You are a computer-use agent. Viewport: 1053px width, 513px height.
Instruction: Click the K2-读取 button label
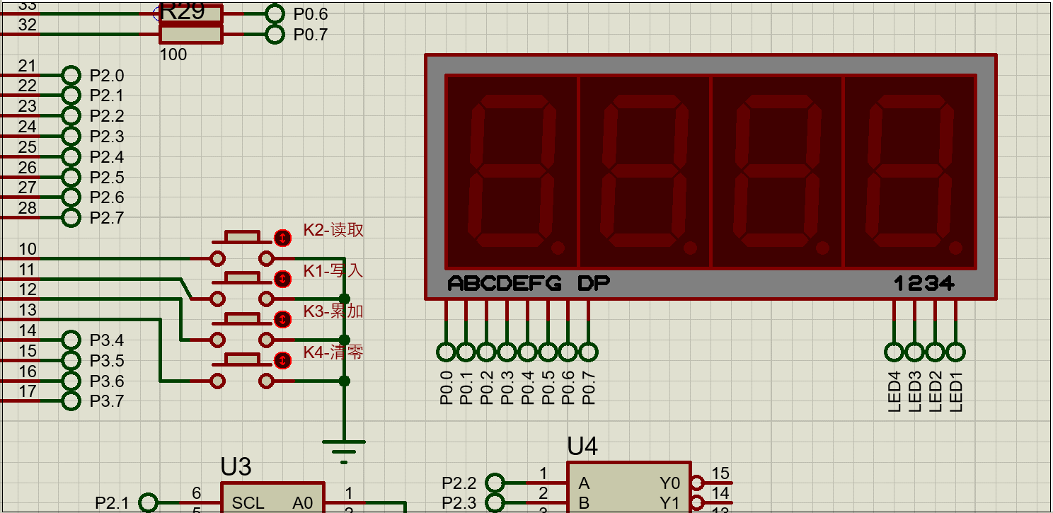pyautogui.click(x=333, y=230)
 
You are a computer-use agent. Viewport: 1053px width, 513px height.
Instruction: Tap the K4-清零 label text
pyautogui.click(x=333, y=352)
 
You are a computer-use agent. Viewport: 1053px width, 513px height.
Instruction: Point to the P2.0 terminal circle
pyautogui.click(x=71, y=75)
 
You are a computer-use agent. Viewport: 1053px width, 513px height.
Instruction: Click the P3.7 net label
pyautogui.click(x=106, y=402)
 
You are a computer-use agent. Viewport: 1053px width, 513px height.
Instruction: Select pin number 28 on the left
pyautogui.click(x=27, y=208)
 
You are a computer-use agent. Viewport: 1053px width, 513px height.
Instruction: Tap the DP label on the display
pyautogui.click(x=594, y=284)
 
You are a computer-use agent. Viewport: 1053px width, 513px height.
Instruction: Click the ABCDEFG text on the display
pyautogui.click(x=505, y=284)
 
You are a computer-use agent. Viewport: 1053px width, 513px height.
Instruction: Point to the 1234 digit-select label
pyautogui.click(x=924, y=284)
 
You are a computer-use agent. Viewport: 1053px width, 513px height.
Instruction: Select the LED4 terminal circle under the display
pyautogui.click(x=894, y=352)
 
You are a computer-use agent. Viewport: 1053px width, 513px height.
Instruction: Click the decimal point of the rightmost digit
pyautogui.click(x=955, y=248)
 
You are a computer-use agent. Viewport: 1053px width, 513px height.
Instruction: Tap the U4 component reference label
pyautogui.click(x=582, y=446)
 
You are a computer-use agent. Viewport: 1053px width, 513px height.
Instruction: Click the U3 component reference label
pyautogui.click(x=236, y=467)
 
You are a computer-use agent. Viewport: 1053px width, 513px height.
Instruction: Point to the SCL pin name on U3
pyautogui.click(x=248, y=503)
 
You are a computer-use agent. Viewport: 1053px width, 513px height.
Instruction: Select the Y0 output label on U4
pyautogui.click(x=669, y=483)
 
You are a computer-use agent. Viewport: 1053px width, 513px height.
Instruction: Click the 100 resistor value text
pyautogui.click(x=173, y=54)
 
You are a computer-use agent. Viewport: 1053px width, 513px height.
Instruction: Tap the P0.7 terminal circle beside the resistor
pyautogui.click(x=274, y=34)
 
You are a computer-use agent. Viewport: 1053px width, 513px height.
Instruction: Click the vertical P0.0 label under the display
pyautogui.click(x=446, y=388)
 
